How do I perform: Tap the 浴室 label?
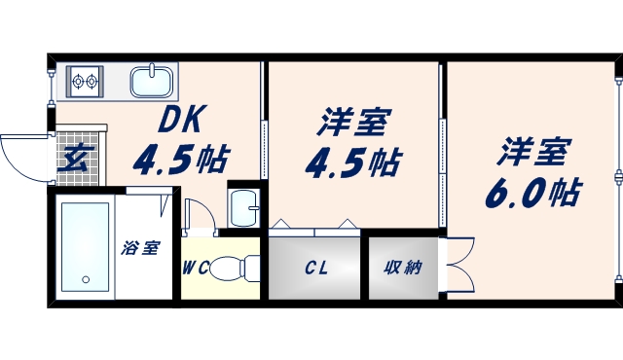[x=140, y=248]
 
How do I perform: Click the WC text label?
[x=194, y=269]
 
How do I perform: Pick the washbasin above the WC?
[x=243, y=205]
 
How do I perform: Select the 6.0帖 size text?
[x=531, y=192]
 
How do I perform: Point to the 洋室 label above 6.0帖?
[x=533, y=153]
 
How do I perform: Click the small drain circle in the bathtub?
[x=84, y=279]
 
